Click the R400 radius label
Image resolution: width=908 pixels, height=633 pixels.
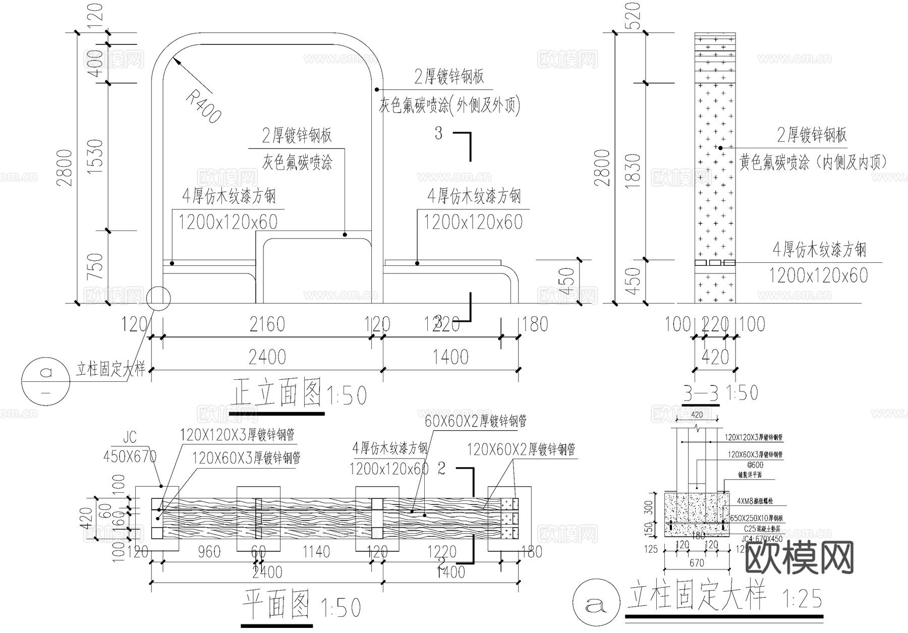[203, 106]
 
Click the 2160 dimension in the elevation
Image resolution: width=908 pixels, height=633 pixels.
[267, 324]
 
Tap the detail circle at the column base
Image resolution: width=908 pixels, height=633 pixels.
[158, 298]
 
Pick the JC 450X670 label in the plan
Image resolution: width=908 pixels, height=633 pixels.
[130, 448]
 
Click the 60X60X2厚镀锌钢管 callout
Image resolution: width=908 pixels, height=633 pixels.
[476, 420]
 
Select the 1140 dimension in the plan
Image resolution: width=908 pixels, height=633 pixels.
[316, 551]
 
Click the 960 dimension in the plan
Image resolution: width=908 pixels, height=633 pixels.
[208, 551]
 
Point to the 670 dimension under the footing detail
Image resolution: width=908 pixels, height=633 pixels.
[697, 562]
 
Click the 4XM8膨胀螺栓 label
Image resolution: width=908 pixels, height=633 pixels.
[755, 501]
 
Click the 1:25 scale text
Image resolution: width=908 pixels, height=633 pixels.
[802, 599]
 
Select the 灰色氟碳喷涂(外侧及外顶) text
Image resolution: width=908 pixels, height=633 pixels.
[449, 105]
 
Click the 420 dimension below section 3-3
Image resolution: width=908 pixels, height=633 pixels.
[715, 357]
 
